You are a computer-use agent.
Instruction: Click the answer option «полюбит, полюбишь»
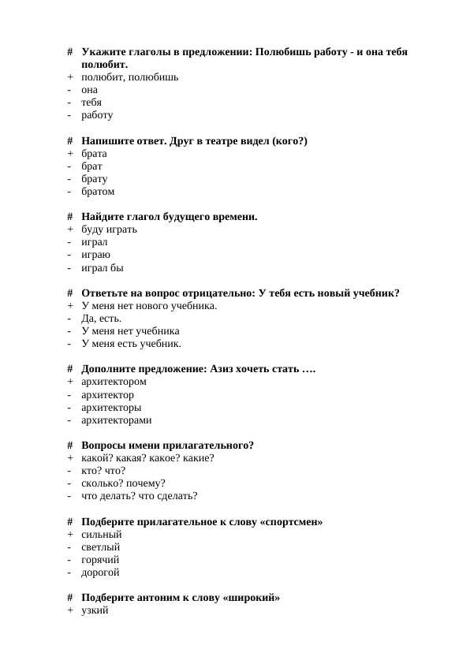point(129,77)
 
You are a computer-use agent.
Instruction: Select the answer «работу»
point(97,115)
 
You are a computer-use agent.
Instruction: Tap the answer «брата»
point(94,154)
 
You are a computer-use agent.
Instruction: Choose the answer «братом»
point(98,192)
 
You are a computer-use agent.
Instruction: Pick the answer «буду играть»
point(109,229)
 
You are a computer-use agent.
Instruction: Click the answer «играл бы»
point(103,268)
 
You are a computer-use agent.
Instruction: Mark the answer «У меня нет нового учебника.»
point(149,306)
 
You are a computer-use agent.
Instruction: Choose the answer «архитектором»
point(114,382)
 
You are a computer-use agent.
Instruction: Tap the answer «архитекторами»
point(117,420)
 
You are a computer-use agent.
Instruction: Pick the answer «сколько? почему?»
point(123,483)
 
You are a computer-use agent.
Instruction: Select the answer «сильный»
point(102,535)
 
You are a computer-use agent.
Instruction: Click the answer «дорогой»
point(101,573)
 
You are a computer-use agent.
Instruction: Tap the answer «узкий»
point(95,611)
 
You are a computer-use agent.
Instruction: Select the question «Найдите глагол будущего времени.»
point(169,217)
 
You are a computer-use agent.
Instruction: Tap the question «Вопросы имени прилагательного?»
point(167,446)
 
